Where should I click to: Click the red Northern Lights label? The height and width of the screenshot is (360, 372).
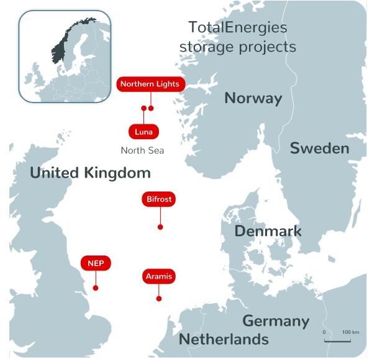(150, 84)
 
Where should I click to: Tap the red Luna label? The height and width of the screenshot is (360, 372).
(143, 132)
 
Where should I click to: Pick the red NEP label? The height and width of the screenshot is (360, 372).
(96, 263)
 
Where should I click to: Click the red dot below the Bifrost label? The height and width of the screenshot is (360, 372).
(160, 228)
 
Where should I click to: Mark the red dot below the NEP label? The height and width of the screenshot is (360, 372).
(96, 288)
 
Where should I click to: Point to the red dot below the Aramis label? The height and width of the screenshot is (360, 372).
(159, 299)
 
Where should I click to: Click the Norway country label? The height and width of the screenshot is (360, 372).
(253, 98)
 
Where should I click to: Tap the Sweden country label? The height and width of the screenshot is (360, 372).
(319, 148)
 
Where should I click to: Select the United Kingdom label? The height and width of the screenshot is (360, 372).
(90, 172)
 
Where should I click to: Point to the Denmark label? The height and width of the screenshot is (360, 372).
(268, 231)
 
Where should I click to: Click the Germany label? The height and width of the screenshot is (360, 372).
(275, 321)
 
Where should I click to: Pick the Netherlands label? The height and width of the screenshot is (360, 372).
(224, 339)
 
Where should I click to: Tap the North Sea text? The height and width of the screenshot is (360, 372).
(142, 150)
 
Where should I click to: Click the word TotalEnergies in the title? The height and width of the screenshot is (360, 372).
(238, 27)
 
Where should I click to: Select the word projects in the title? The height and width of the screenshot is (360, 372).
(264, 47)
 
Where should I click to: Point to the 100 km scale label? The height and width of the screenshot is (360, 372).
(351, 333)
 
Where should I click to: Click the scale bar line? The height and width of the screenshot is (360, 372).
(337, 341)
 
